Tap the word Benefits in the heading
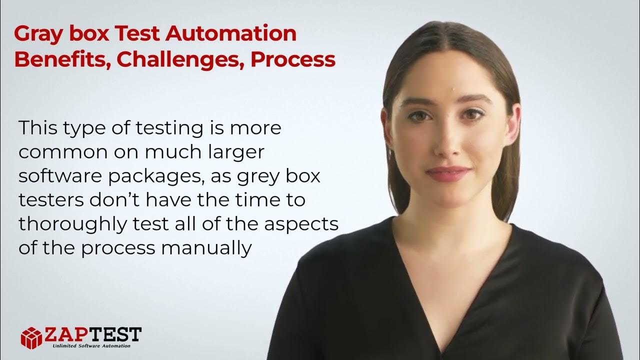click(x=60, y=59)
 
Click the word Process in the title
click(x=292, y=59)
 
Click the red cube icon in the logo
click(x=31, y=337)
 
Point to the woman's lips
click(x=447, y=173)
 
